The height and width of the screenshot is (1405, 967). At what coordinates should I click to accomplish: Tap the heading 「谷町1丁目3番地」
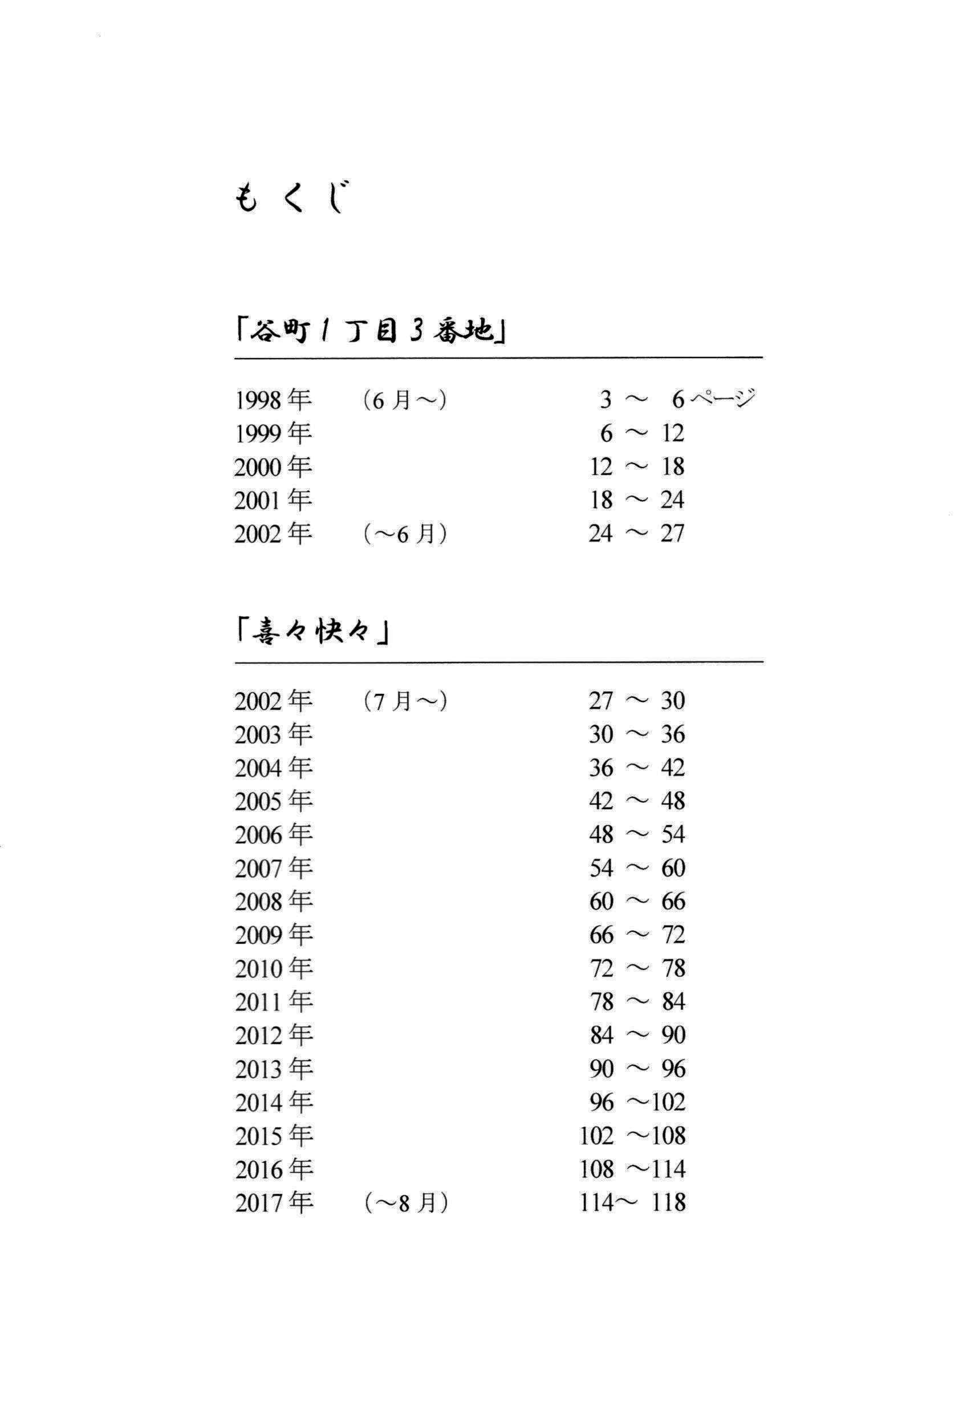(x=371, y=331)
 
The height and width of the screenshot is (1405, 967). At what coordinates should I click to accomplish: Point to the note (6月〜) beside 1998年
(x=405, y=400)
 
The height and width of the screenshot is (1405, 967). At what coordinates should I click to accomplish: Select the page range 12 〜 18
(x=637, y=467)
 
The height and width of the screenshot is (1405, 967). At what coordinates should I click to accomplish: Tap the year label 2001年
(x=273, y=501)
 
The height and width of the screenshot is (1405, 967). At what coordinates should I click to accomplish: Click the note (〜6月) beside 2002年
(x=405, y=534)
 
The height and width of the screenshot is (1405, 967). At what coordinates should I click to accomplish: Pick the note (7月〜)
(x=405, y=701)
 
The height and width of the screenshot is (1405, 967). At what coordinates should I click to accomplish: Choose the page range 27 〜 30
(x=637, y=701)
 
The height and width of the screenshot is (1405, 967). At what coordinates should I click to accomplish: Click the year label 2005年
(x=274, y=802)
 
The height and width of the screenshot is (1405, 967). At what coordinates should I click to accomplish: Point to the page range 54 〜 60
(x=637, y=868)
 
